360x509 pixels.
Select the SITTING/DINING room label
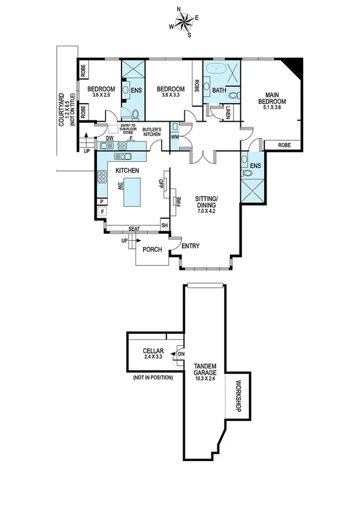tap(208, 203)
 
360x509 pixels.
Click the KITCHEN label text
tap(127, 171)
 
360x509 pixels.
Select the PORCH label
tap(152, 251)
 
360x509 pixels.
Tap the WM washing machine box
tap(175, 137)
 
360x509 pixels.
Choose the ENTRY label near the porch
tap(190, 246)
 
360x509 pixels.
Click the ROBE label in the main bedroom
tap(285, 145)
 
